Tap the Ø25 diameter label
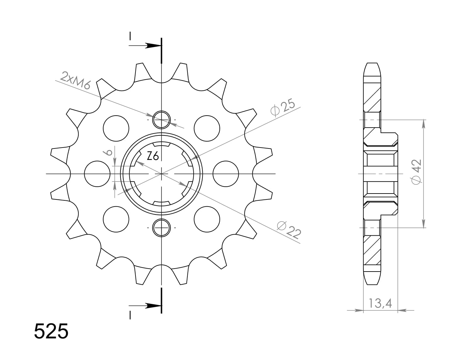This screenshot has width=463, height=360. [282, 108]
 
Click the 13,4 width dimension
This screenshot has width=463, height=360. [380, 304]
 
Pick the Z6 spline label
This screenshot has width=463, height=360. [153, 157]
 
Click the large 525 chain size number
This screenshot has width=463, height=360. [51, 332]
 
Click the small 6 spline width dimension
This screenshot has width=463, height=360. [109, 152]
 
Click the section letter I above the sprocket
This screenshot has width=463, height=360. [130, 36]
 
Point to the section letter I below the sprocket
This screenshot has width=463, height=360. [130, 315]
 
